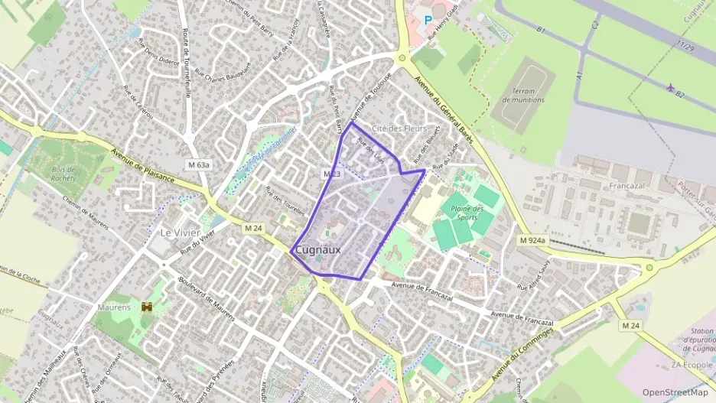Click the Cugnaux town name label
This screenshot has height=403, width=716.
[317, 250]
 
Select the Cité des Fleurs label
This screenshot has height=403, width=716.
[399, 128]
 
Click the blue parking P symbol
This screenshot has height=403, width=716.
[428, 20]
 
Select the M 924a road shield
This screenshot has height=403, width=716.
[532, 240]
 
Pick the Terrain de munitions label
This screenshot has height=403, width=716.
[523, 96]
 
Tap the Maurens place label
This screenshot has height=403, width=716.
[114, 307]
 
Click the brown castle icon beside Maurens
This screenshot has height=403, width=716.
[146, 307]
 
